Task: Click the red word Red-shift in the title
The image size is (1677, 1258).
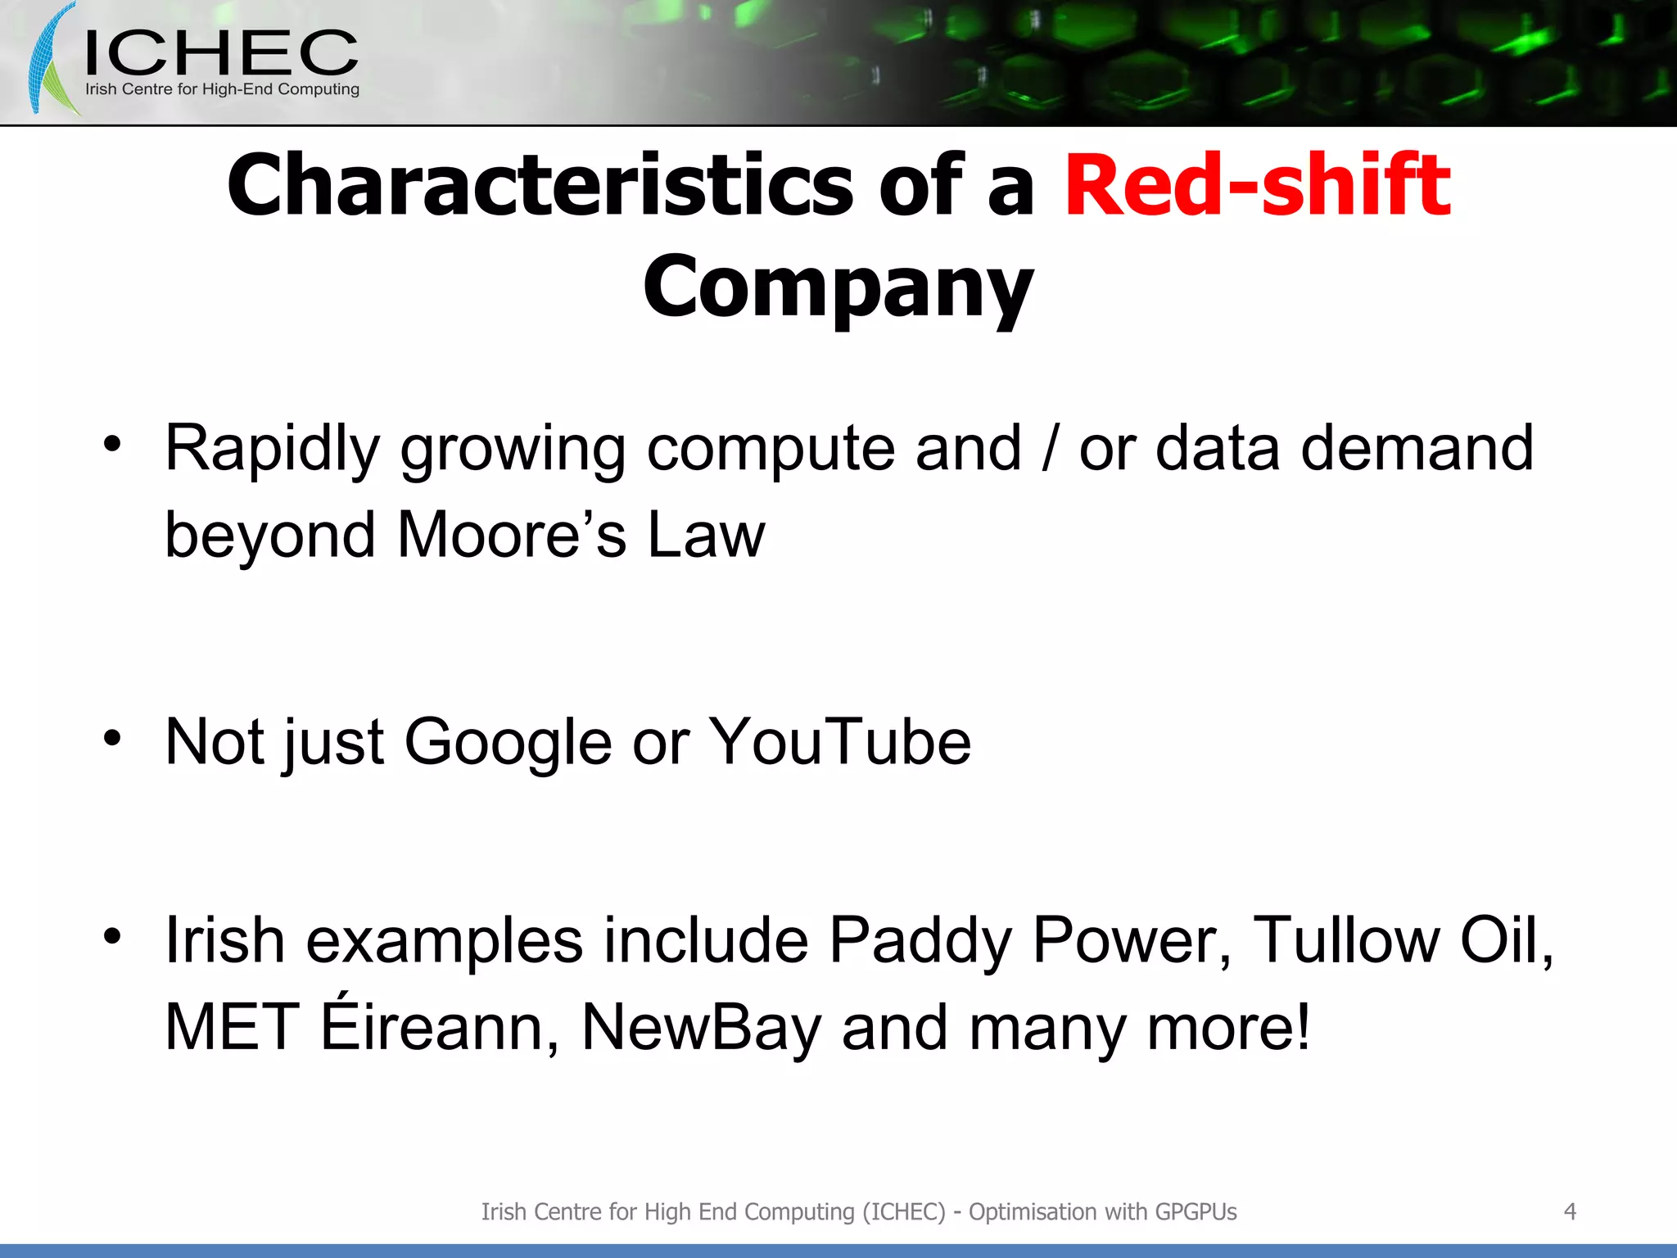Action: (1257, 187)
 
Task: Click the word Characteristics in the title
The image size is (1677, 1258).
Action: (540, 187)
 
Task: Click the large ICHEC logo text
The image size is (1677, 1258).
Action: (221, 53)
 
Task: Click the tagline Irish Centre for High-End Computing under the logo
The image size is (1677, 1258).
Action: (222, 89)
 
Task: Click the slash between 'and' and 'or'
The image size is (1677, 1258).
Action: (1050, 449)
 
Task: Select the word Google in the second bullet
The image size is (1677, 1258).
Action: (508, 742)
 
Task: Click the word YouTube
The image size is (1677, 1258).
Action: (839, 742)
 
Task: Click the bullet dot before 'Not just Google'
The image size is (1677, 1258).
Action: (112, 738)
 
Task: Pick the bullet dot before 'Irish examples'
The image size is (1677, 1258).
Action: (112, 935)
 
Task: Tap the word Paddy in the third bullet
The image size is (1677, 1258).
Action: (920, 940)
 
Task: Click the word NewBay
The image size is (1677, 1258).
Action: (701, 1027)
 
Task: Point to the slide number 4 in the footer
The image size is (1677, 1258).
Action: (1569, 1211)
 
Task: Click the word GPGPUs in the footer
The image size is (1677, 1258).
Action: (1196, 1211)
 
